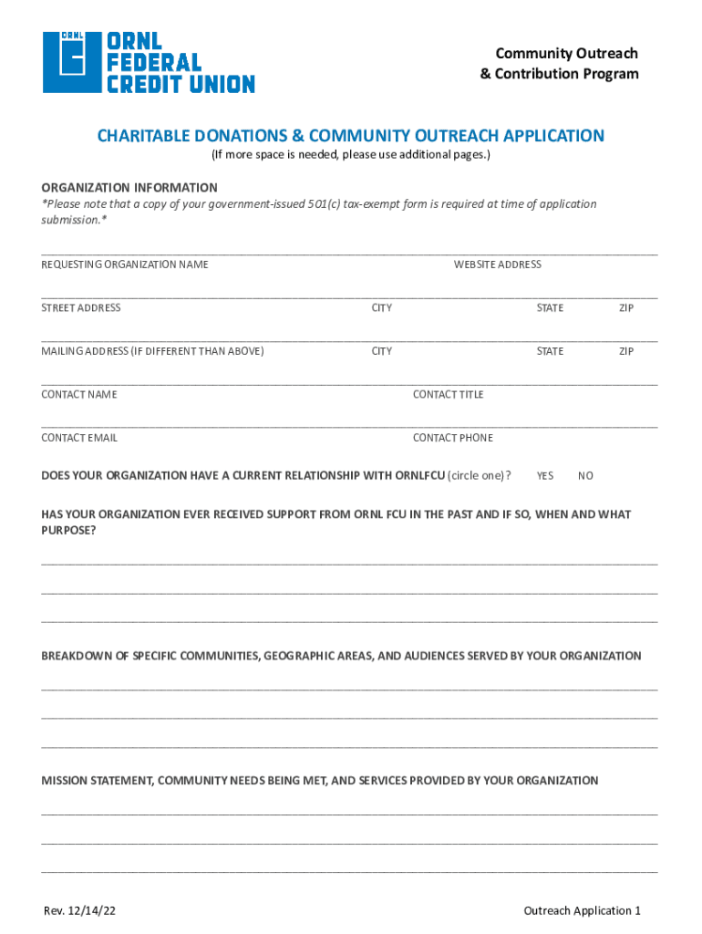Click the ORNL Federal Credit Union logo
tap(149, 62)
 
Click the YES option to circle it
tap(545, 476)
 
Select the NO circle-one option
tap(585, 476)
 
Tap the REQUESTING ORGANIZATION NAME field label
tap(125, 265)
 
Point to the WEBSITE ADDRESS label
tap(497, 265)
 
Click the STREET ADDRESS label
tap(81, 308)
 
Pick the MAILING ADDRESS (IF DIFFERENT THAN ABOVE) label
tap(152, 351)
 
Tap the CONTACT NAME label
tap(79, 395)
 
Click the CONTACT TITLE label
tap(448, 395)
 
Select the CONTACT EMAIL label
tap(79, 438)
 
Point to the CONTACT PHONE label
tap(452, 438)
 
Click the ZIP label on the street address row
tap(626, 308)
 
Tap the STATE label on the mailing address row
tap(550, 351)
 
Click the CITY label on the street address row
tap(382, 308)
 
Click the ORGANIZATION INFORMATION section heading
tap(129, 188)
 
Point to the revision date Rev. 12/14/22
tap(80, 910)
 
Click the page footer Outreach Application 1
tap(583, 910)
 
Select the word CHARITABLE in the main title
tap(140, 136)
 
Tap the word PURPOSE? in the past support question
tap(68, 531)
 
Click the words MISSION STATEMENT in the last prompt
tap(97, 781)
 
